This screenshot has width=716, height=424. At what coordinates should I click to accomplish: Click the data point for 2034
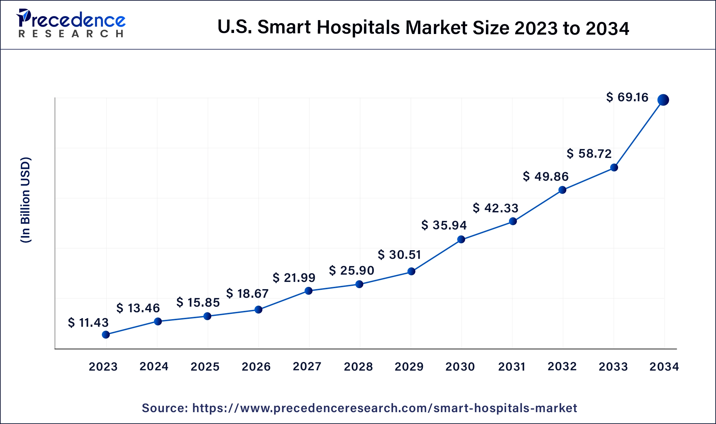click(663, 100)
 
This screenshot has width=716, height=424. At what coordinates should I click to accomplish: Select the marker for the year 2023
click(106, 335)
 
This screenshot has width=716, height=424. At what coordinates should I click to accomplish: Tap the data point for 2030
click(461, 239)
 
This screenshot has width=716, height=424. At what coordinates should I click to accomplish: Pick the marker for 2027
click(309, 290)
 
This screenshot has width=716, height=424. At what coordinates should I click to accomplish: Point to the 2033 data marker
click(614, 167)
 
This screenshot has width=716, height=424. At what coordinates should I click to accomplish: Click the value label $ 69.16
click(627, 97)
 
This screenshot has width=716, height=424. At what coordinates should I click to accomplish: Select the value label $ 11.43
click(88, 322)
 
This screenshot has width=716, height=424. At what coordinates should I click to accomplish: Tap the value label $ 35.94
click(444, 225)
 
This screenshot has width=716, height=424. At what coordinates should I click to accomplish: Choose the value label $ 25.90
click(351, 270)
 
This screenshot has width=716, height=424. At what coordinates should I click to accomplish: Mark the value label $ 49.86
click(546, 176)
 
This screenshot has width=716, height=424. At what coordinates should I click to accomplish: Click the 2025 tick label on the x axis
click(205, 366)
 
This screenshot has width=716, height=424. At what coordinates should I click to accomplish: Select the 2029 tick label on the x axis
click(409, 366)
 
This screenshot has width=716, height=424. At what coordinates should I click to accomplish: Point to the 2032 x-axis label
click(562, 366)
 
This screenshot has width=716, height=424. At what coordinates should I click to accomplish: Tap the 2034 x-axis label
click(664, 366)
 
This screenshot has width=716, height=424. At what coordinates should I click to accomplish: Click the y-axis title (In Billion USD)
click(26, 200)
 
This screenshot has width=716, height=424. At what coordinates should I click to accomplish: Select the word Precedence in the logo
click(73, 20)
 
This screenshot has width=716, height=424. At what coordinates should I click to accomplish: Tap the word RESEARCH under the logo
click(71, 34)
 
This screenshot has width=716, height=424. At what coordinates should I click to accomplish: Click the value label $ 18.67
click(247, 293)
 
